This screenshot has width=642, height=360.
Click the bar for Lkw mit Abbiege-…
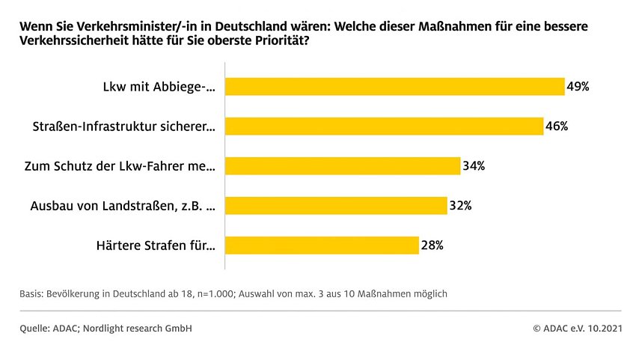(394, 87)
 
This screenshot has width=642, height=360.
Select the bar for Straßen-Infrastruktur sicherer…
(384, 126)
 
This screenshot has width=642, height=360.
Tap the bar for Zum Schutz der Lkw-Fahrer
(342, 166)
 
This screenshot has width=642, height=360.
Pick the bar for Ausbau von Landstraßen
(336, 206)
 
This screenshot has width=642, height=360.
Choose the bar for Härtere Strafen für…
(322, 245)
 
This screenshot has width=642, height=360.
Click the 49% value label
(578, 87)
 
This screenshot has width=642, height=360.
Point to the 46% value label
(557, 126)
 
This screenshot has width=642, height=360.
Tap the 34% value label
(474, 166)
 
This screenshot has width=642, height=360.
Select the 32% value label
(460, 206)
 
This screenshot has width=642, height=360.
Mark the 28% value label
(432, 245)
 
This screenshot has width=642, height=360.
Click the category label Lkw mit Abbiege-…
(159, 87)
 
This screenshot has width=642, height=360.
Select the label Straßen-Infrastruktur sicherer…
(126, 126)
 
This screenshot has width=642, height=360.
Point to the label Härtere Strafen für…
(156, 245)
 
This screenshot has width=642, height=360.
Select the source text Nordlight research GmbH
(147, 329)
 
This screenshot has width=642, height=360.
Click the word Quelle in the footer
(34, 329)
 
